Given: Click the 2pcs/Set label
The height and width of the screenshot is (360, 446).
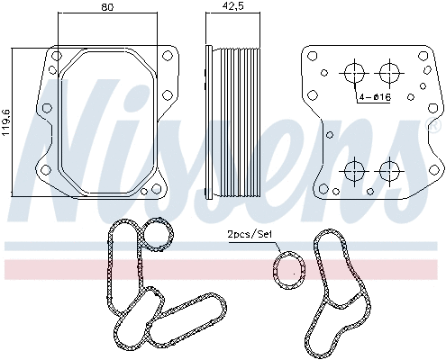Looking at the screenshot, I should coord(250,235).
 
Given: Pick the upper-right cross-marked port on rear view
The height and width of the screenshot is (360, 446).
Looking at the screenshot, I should coord(389,73).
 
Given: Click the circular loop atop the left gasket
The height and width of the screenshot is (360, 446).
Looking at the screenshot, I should coord(159,235).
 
